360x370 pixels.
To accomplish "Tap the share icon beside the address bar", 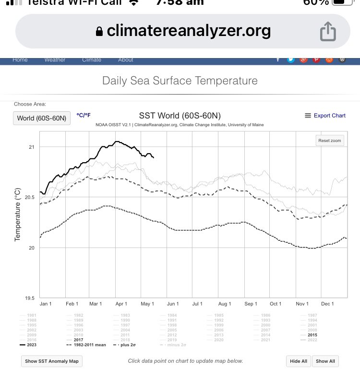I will tap(328, 32).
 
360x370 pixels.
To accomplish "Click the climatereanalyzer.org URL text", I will tap(189, 31).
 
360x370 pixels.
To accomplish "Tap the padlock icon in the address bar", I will tap(99, 32).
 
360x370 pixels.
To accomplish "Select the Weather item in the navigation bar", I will tap(54, 60).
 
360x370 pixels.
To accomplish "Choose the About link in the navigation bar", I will tap(126, 60).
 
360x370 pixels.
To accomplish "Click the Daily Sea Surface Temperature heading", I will tap(180, 81).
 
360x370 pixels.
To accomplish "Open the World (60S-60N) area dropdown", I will tap(41, 118).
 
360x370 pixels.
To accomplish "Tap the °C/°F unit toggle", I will tap(84, 115).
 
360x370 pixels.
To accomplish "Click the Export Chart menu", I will tap(325, 116).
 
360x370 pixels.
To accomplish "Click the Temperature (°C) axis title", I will tap(18, 215).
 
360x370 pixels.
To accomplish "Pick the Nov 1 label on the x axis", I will tap(302, 304).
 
